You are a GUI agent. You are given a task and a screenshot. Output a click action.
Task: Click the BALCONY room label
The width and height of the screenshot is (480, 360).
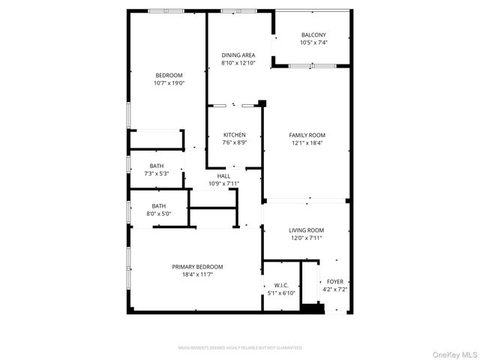(313, 35)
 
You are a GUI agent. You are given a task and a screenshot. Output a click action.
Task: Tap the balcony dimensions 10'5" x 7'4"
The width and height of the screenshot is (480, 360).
(313, 43)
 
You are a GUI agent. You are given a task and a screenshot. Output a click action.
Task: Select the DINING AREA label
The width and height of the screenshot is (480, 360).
(238, 55)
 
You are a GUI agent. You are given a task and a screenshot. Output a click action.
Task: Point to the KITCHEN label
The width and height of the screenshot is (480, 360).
(234, 135)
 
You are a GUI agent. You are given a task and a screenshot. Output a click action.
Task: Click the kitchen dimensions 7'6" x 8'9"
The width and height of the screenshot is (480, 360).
(234, 142)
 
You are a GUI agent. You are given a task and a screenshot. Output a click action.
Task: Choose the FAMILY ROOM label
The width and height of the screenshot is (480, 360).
(307, 135)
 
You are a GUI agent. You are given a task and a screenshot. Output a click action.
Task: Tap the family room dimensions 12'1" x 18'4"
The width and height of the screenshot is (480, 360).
(307, 142)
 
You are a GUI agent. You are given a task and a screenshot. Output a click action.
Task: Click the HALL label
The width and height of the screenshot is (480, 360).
(223, 176)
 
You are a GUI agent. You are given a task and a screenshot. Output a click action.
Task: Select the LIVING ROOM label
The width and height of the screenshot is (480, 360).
(306, 230)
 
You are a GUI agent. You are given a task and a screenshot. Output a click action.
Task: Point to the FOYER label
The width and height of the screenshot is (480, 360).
(334, 281)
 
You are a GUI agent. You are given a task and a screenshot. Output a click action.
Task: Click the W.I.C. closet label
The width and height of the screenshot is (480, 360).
(281, 285)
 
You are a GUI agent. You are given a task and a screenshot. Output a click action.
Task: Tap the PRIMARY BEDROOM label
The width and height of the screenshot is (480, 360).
(197, 267)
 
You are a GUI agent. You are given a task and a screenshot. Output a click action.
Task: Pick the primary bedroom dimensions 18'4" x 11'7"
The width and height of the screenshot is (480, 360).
(197, 274)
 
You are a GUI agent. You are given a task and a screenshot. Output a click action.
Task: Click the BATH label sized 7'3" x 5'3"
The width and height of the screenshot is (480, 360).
(157, 166)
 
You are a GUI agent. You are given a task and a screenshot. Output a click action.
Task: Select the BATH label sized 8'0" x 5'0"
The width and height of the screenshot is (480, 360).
(159, 206)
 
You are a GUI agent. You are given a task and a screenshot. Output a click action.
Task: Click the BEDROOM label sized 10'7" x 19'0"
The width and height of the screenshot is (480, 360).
(169, 75)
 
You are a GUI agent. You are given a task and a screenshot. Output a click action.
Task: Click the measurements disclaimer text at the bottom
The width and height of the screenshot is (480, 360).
(240, 348)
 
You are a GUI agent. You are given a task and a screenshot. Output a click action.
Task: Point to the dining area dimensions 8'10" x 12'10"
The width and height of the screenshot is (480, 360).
(238, 63)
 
